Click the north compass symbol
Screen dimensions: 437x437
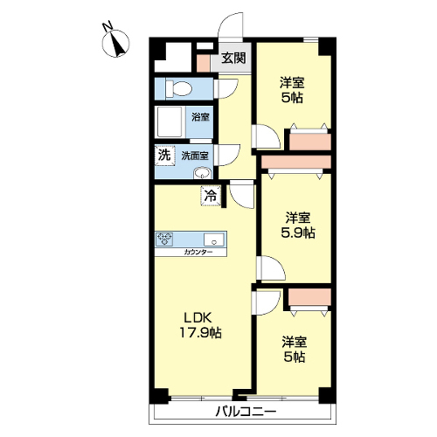pyautogui.click(x=116, y=44)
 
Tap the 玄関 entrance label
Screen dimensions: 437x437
pyautogui.click(x=233, y=59)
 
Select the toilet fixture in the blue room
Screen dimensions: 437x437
pyautogui.click(x=178, y=88)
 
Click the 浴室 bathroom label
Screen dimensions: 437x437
pyautogui.click(x=200, y=117)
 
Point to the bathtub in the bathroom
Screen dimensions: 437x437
pyautogui.click(x=170, y=122)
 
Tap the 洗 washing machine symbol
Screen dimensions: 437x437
pyautogui.click(x=164, y=156)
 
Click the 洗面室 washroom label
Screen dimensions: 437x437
pyautogui.click(x=195, y=156)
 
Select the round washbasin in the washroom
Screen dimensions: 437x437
pyautogui.click(x=202, y=173)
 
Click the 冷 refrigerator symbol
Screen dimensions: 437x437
pyautogui.click(x=211, y=196)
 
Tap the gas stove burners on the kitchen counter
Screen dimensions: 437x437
pyautogui.click(x=165, y=239)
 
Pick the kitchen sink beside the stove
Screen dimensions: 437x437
pyautogui.click(x=214, y=240)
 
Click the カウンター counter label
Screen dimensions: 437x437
pyautogui.click(x=198, y=253)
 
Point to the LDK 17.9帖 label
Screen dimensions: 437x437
pyautogui.click(x=200, y=325)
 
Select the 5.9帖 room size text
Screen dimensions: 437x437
pyautogui.click(x=298, y=232)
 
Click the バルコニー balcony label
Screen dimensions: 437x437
pyautogui.click(x=246, y=412)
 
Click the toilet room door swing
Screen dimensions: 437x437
pyautogui.click(x=226, y=89)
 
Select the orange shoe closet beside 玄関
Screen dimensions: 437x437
pyautogui.click(x=203, y=63)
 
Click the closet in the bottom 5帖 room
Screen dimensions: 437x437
pyautogui.click(x=309, y=297)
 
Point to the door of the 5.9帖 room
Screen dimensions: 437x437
pyautogui.click(x=271, y=268)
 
